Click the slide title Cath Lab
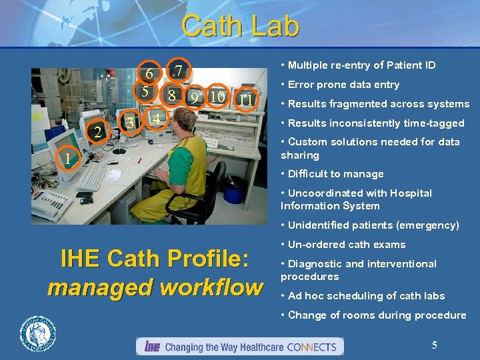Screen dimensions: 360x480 pyautogui.click(x=240, y=26)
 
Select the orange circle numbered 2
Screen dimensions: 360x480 pyautogui.click(x=99, y=132)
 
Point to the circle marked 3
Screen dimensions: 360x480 pyautogui.click(x=131, y=123)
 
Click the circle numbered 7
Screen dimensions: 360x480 pyautogui.click(x=179, y=71)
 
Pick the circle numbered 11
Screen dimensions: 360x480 pyautogui.click(x=246, y=100)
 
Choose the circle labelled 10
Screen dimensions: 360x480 pyautogui.click(x=217, y=97)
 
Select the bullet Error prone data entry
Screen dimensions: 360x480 pyautogui.click(x=343, y=85)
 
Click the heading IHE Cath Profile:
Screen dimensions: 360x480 pyautogui.click(x=155, y=259)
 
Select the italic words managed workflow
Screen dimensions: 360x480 pyautogui.click(x=155, y=287)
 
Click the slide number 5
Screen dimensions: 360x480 pyautogui.click(x=434, y=345)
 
